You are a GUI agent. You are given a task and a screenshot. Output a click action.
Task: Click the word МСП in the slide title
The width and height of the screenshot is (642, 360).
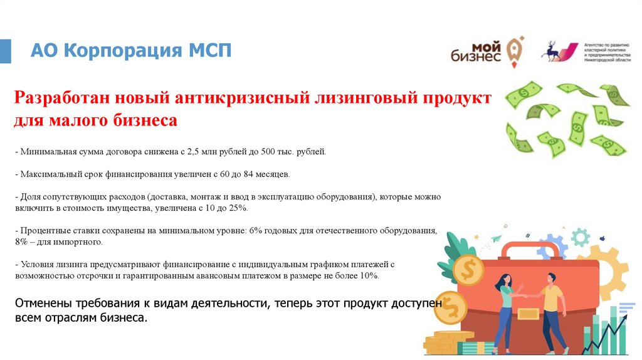tap(210, 50)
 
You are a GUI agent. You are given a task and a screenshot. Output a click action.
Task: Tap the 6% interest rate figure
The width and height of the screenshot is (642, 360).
tap(256, 230)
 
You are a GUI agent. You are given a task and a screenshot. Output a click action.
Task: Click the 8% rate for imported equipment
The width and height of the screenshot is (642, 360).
tap(21, 241)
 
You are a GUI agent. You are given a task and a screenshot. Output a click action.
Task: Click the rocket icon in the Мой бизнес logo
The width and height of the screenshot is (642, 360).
tap(515, 50)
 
